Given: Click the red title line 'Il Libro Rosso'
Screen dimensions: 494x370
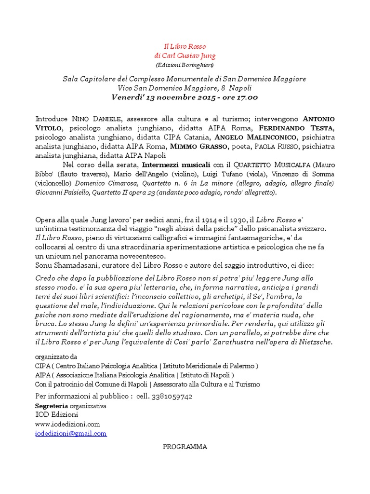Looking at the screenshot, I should (x=185, y=46).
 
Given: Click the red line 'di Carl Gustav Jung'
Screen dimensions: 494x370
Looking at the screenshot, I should (x=185, y=55).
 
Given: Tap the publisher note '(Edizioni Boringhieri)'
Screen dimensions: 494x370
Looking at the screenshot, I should (x=185, y=65).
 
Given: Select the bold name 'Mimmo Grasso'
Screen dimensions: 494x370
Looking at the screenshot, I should (x=203, y=146).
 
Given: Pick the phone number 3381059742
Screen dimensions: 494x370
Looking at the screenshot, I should (x=172, y=396).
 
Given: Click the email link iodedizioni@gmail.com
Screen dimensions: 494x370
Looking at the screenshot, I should (x=71, y=433).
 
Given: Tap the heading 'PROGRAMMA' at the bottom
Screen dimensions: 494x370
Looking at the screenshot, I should (x=185, y=447).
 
